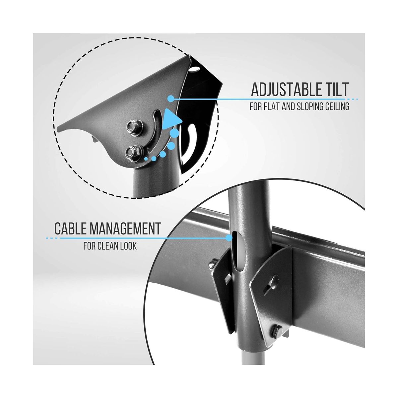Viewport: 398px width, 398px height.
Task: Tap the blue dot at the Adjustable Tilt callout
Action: click(x=171, y=99)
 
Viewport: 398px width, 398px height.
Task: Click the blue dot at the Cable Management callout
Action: click(x=229, y=238)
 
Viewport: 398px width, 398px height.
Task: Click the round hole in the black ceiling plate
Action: click(x=195, y=69)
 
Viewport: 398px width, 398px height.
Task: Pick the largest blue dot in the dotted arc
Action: click(x=174, y=133)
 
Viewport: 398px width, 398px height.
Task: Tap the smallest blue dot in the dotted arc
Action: click(x=146, y=159)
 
